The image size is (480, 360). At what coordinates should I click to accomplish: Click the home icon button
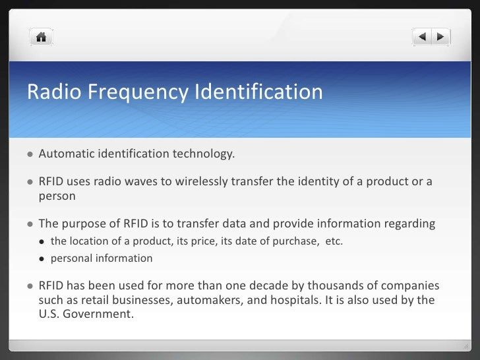(x=41, y=37)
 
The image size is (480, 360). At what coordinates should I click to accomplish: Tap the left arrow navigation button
(x=423, y=36)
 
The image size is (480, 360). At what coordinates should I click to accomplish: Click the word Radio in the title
(x=49, y=92)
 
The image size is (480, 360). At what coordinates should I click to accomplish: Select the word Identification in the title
(x=257, y=92)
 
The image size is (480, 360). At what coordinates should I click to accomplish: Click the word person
(x=57, y=196)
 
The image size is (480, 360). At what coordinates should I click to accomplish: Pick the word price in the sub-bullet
(x=212, y=241)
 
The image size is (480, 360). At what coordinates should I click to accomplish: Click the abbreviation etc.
(x=334, y=241)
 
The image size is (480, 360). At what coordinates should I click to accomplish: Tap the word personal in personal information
(x=71, y=258)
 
